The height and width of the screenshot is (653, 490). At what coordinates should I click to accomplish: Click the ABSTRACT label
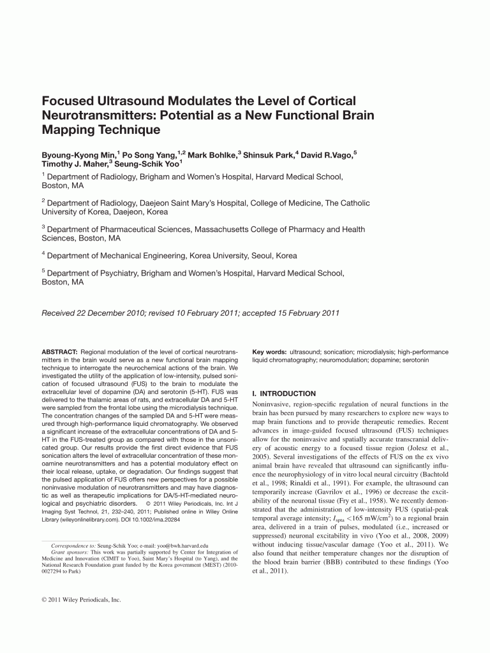click(59, 352)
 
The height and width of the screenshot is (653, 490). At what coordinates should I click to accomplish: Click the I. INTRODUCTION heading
click(284, 393)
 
